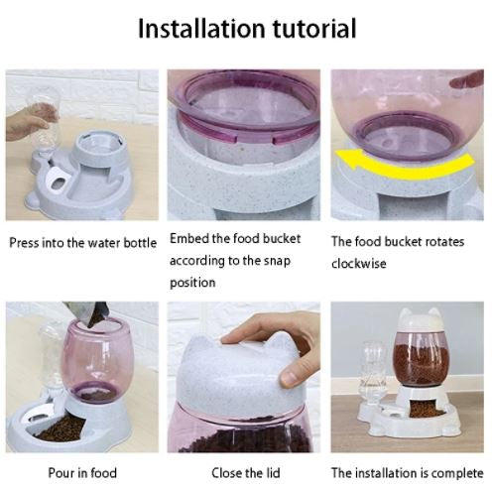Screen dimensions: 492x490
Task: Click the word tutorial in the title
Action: point(314,29)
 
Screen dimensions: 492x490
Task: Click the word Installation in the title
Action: point(201,29)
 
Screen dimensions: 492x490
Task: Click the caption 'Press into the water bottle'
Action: point(82,243)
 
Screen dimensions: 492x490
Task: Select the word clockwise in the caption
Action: point(359,264)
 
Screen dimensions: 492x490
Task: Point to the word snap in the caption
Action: point(277,261)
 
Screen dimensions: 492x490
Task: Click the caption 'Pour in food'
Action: point(82,473)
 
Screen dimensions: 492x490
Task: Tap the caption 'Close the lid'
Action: point(246,473)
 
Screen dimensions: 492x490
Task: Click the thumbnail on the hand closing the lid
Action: point(292,376)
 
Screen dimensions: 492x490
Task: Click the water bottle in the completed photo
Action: point(374,373)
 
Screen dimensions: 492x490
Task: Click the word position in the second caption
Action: point(192,283)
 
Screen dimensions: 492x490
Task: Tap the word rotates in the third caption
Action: point(444,242)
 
